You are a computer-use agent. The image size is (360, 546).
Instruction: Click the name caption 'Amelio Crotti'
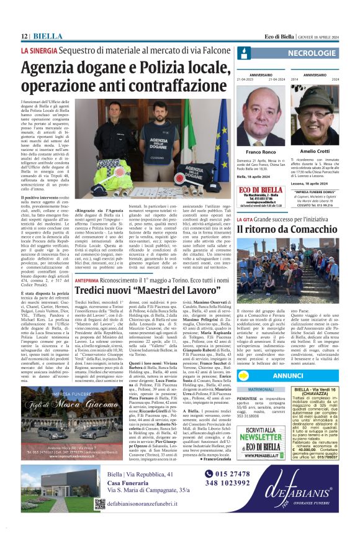pos(315,152)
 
